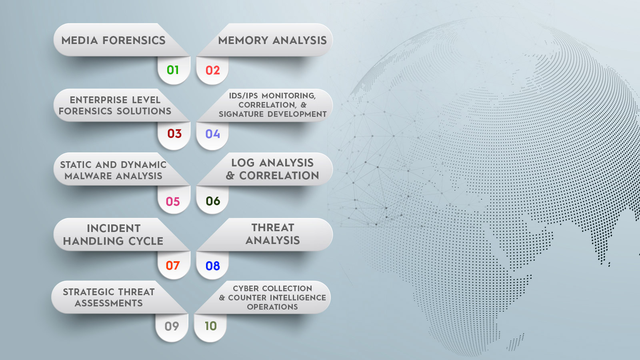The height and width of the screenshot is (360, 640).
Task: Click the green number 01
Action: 173,70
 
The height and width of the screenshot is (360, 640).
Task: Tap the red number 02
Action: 213,70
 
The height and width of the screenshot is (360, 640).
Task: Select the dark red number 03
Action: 174,134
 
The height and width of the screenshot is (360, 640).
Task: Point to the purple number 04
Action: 213,134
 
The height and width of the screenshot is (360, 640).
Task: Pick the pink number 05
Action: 173,202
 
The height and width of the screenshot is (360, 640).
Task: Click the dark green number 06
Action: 213,201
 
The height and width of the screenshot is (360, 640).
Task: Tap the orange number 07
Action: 173,266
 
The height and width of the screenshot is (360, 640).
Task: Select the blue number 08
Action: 213,266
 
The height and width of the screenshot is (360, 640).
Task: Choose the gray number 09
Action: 172,326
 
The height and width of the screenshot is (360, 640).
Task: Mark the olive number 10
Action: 211,326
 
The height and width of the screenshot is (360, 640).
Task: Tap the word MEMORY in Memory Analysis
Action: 244,40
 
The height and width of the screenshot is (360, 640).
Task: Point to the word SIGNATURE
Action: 242,114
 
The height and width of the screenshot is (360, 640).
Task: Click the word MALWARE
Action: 88,176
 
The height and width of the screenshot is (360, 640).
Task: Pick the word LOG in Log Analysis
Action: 243,163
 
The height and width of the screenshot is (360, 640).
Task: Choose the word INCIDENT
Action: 114,228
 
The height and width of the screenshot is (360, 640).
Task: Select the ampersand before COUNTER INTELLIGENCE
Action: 222,298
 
